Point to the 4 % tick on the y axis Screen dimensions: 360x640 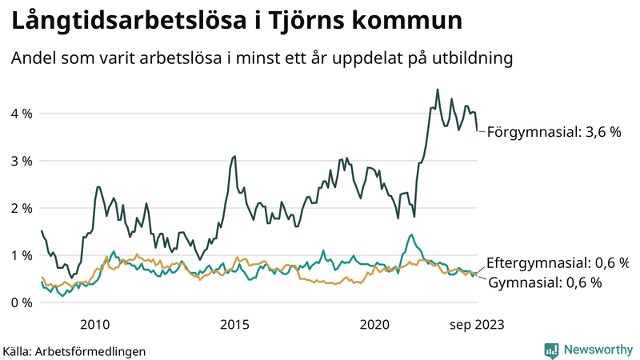[21, 114]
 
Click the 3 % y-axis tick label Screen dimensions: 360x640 [21, 161]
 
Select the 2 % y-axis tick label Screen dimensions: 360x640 [21, 208]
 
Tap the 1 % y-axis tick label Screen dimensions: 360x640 [21, 255]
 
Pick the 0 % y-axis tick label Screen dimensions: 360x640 [21, 302]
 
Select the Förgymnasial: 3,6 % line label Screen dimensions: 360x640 [554, 131]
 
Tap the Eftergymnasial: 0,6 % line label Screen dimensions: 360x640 [558, 262]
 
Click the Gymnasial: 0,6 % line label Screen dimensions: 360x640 [544, 282]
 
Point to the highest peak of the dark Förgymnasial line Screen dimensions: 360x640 [437, 90]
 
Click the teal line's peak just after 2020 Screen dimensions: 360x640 [411, 235]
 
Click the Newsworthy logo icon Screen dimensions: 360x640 [551, 350]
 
